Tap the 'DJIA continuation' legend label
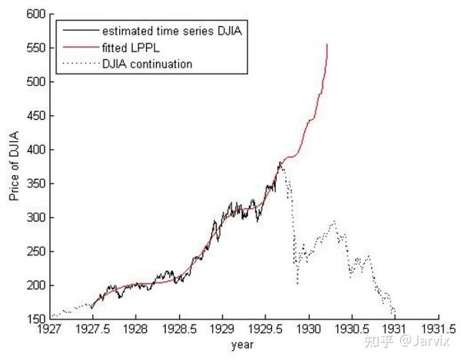tap(147, 64)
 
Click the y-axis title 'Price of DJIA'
tap(15, 166)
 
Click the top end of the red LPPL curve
tap(327, 45)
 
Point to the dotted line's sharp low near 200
tap(297, 284)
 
